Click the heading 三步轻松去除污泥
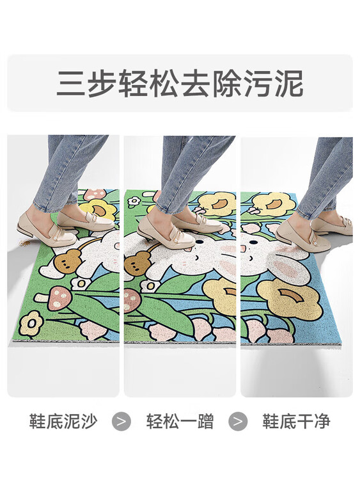[180, 84]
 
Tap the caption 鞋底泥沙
[63, 421]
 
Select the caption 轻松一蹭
[180, 421]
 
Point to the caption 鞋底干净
[296, 421]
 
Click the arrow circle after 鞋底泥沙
[121, 422]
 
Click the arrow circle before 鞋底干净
[238, 422]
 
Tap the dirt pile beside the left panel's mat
[25, 243]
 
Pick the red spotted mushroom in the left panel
[59, 298]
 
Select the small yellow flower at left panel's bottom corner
[31, 323]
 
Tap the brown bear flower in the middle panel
[136, 263]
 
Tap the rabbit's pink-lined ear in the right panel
[287, 269]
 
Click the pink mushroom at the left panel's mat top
[95, 194]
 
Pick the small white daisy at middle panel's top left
[134, 202]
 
